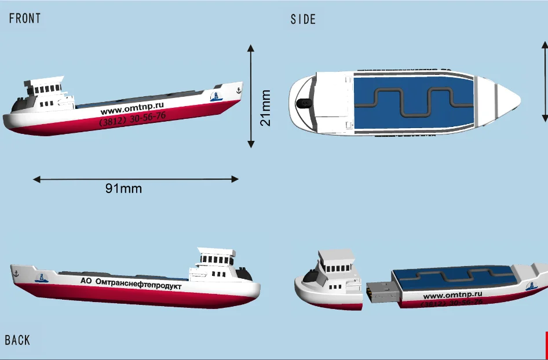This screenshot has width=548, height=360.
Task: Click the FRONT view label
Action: [25, 19]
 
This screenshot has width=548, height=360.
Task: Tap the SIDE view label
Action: [303, 20]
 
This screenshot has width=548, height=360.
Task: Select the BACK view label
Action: [17, 340]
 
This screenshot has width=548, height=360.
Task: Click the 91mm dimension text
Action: [123, 188]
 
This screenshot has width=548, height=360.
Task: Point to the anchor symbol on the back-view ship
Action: [16, 272]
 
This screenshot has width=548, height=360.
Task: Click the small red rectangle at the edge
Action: [546, 345]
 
